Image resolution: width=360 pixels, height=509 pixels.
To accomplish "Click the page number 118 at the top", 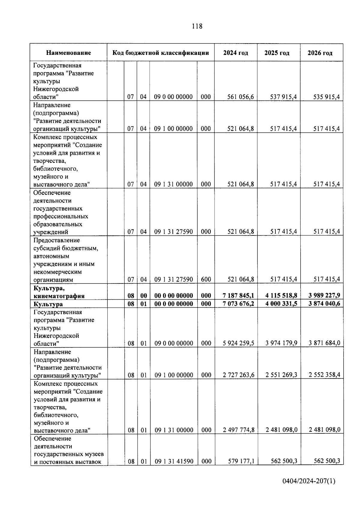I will click(x=197, y=26).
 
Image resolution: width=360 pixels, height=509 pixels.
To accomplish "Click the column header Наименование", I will click(x=68, y=53).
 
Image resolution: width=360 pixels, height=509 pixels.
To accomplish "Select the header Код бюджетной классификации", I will click(x=160, y=53).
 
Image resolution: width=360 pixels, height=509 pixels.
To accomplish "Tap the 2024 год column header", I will click(x=235, y=53).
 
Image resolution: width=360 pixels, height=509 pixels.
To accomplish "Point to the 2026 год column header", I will click(x=320, y=53).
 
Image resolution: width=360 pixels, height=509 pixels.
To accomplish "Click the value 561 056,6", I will click(x=241, y=97).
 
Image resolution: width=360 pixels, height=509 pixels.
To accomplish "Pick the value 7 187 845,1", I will click(x=238, y=296).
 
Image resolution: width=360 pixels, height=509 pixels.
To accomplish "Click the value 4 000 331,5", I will click(x=281, y=304).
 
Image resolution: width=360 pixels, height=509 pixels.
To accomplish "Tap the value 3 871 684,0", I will click(x=324, y=343).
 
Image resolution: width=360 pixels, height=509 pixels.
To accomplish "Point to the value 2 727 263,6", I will click(x=238, y=375).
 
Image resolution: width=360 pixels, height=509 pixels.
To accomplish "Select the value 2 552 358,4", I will click(x=324, y=375).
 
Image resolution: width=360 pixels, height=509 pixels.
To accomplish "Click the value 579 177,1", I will click(x=241, y=461).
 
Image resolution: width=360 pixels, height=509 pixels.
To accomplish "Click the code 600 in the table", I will click(x=206, y=280).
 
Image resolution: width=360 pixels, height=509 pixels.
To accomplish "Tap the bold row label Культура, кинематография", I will click(x=59, y=292).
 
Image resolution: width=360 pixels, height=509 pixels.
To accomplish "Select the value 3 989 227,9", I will click(x=324, y=296).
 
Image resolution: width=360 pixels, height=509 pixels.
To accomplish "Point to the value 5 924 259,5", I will click(x=238, y=343).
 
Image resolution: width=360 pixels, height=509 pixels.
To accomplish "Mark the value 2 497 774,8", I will click(x=238, y=430).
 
